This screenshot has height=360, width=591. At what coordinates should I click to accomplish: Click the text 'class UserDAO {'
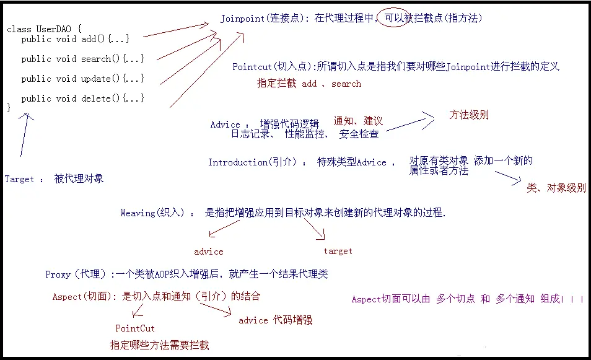click(x=44, y=29)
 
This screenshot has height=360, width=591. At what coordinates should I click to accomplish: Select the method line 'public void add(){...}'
click(x=75, y=39)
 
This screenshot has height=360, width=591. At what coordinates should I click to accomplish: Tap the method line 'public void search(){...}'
click(x=82, y=59)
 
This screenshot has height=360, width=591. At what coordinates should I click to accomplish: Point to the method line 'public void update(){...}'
click(x=82, y=79)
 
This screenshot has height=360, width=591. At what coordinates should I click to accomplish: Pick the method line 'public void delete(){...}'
click(x=82, y=99)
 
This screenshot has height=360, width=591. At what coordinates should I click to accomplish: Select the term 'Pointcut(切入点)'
click(x=273, y=66)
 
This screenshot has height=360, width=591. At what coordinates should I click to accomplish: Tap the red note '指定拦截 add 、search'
click(x=309, y=84)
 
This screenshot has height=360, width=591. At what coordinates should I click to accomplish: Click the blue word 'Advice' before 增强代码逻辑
click(x=225, y=125)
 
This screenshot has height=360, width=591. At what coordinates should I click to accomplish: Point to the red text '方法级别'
click(x=468, y=115)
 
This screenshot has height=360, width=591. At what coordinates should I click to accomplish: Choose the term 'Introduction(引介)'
click(x=254, y=162)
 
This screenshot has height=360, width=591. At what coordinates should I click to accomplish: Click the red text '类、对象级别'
click(x=556, y=188)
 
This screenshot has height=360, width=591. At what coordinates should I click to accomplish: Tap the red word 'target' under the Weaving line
click(x=338, y=251)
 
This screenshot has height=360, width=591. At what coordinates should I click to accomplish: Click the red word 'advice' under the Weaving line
click(x=209, y=252)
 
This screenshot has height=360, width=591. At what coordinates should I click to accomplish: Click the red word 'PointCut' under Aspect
click(x=135, y=328)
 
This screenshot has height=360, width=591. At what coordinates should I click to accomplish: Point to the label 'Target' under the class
click(x=19, y=179)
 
